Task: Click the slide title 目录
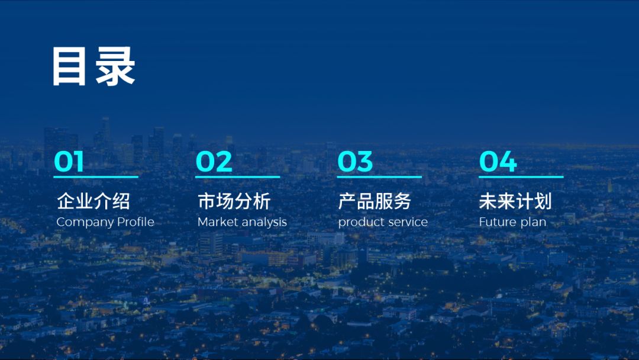(x=93, y=67)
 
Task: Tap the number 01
(x=69, y=162)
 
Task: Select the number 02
(x=214, y=162)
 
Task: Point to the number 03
(x=355, y=162)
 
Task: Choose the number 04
(x=498, y=162)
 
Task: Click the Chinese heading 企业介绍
(x=93, y=201)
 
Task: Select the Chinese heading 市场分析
(x=234, y=201)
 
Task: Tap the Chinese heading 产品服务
(x=375, y=201)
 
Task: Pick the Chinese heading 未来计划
(x=515, y=201)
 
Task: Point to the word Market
(x=217, y=222)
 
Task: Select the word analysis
(x=263, y=223)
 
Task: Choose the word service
(x=406, y=222)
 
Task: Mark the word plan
(x=534, y=223)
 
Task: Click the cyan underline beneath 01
(x=96, y=176)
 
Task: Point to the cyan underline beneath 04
(x=521, y=176)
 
